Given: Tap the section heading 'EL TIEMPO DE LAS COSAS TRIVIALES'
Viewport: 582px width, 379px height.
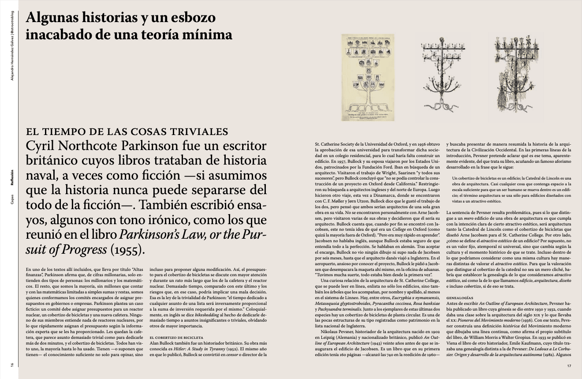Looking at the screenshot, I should click(x=127, y=131).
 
